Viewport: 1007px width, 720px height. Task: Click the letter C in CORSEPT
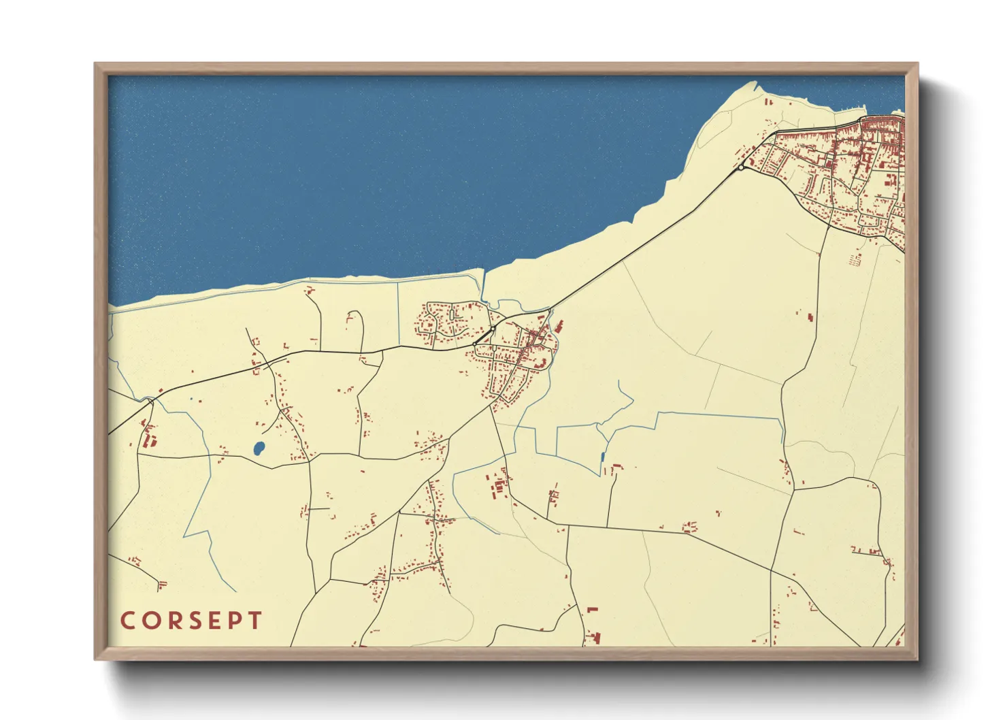coord(127,621)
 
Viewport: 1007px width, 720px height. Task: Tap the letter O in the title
coord(150,621)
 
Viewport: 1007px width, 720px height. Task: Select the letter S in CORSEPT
coord(194,621)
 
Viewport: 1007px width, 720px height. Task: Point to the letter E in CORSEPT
coord(214,621)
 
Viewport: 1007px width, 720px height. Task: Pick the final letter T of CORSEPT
coord(254,621)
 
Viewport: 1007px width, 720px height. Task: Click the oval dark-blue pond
coord(259,448)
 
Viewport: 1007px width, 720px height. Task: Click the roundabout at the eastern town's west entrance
coord(741,167)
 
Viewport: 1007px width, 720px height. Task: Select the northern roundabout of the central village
coord(493,328)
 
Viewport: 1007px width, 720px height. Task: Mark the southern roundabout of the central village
coord(474,344)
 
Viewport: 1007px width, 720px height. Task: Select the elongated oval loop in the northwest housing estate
coord(452,315)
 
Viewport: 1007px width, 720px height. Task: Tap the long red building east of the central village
coord(559,327)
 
